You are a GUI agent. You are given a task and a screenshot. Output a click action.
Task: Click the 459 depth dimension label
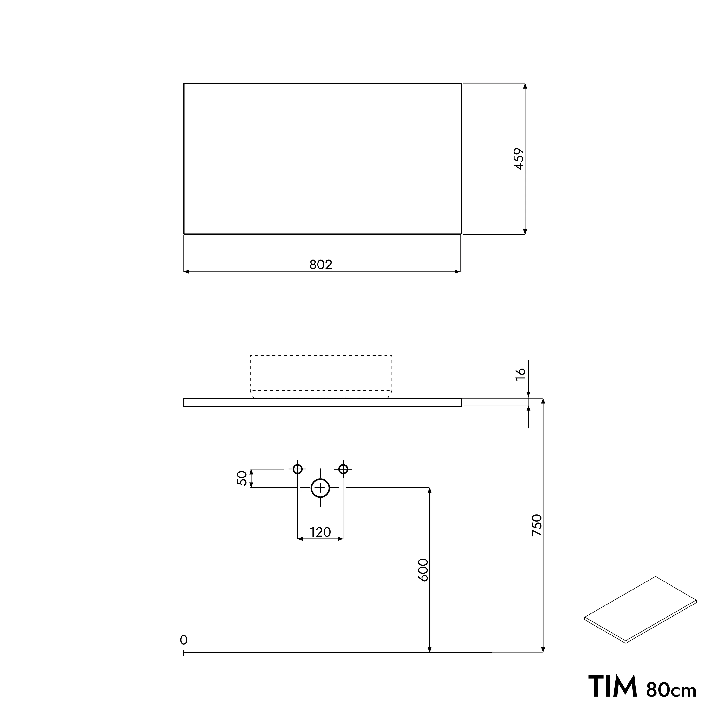[x=519, y=159]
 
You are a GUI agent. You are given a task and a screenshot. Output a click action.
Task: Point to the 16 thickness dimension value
[x=521, y=374]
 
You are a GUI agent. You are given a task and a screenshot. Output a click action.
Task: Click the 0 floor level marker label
[x=183, y=640]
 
